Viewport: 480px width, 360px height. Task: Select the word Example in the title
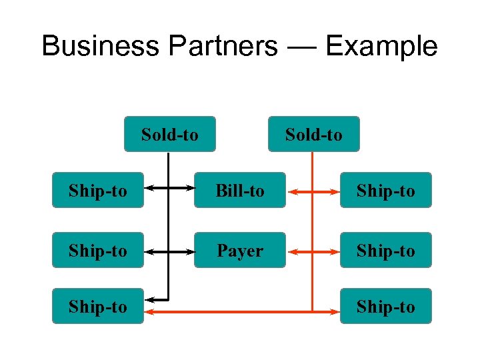381,47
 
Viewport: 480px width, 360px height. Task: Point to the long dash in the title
301,47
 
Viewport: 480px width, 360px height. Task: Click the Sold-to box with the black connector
170,135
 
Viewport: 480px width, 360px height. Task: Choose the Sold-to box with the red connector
313,135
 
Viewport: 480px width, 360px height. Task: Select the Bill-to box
239,191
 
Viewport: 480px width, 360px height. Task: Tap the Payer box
239,251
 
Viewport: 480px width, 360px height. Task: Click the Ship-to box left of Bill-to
98,191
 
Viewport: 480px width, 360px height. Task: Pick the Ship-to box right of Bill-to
386,191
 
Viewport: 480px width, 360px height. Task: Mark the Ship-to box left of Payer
98,251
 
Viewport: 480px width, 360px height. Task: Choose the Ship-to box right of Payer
386,251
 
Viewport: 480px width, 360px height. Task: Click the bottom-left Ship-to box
98,307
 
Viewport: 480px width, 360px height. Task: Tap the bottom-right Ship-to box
386,307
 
